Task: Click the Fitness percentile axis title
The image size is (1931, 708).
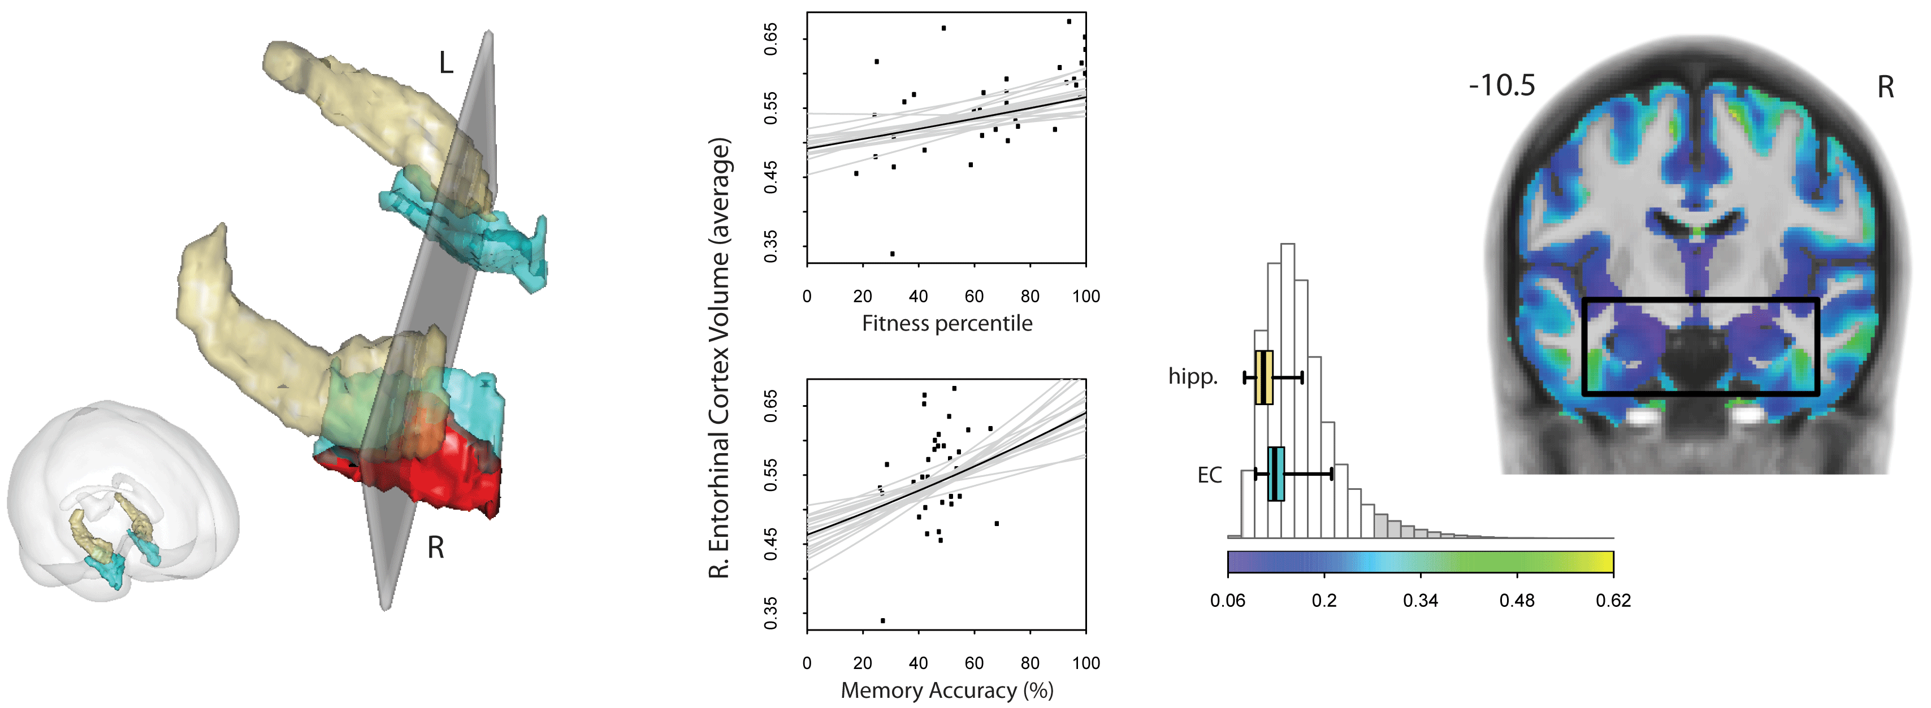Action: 947,324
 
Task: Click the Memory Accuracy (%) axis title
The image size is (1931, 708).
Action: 947,690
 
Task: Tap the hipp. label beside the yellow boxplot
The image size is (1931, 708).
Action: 1193,376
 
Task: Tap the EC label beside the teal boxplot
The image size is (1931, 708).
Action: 1209,475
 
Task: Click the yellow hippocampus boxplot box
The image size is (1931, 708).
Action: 1264,377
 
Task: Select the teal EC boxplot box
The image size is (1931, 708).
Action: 1276,474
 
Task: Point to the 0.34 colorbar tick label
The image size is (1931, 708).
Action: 1421,601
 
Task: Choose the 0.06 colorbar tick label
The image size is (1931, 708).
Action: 1227,601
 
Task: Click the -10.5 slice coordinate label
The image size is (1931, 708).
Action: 1501,86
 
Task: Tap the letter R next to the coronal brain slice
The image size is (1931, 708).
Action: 1885,88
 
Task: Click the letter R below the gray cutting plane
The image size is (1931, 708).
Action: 435,548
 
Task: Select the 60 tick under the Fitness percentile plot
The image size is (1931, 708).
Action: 974,297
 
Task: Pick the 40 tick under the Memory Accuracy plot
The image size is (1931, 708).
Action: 918,663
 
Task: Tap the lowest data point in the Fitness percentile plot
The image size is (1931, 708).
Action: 892,254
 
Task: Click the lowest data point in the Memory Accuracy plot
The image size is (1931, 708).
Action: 883,620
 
